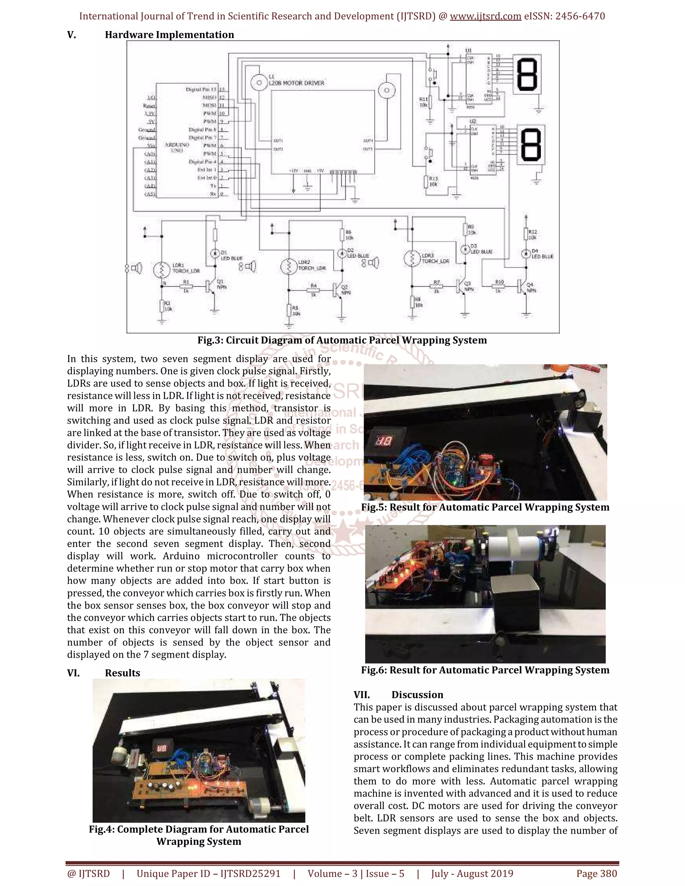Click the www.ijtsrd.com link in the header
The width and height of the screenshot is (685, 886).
click(485, 16)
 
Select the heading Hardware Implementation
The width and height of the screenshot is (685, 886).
click(169, 35)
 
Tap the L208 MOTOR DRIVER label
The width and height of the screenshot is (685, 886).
click(296, 83)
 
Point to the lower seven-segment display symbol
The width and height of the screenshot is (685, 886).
click(531, 144)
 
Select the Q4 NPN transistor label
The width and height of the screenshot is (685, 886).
click(531, 288)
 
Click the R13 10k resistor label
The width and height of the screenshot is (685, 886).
click(433, 181)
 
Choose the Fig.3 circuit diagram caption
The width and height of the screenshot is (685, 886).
click(342, 340)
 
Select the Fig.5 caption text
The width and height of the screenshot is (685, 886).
click(485, 508)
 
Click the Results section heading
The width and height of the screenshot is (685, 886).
click(122, 673)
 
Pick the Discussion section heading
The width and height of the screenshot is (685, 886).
click(417, 695)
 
